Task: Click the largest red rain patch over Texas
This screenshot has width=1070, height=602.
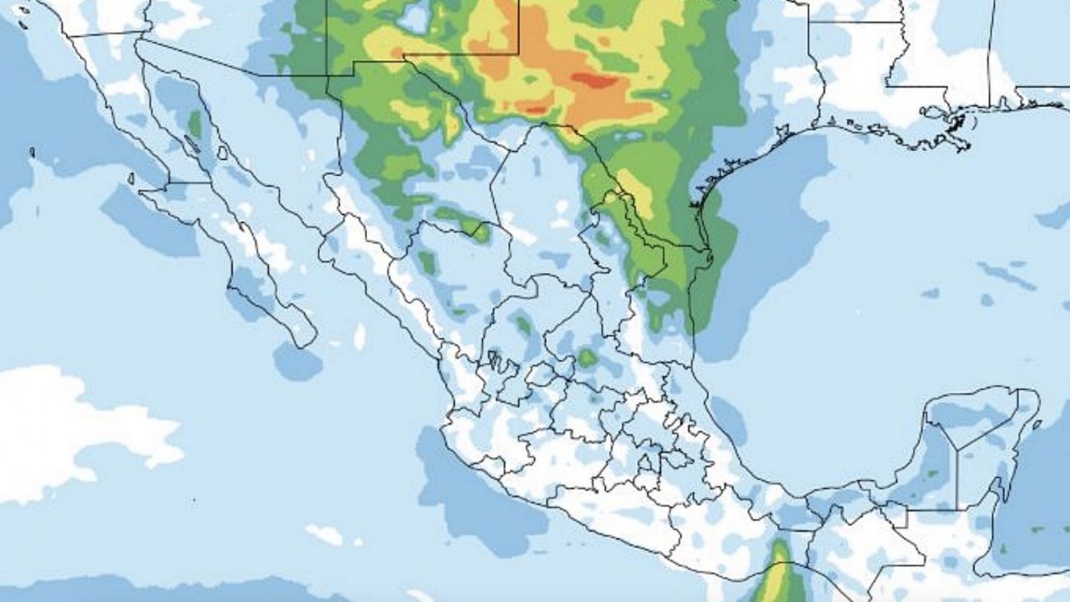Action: pyautogui.click(x=595, y=80)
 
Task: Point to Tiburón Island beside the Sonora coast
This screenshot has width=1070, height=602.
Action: pyautogui.click(x=222, y=153)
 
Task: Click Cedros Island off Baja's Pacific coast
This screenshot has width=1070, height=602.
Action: pyautogui.click(x=131, y=178)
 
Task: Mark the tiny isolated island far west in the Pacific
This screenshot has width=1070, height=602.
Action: pyautogui.click(x=32, y=152)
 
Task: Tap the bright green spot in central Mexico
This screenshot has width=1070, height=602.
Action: pyautogui.click(x=588, y=358)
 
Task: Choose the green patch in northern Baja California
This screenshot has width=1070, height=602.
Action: pyautogui.click(x=195, y=124)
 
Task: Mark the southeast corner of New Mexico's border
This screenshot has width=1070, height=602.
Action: pyautogui.click(x=518, y=55)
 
